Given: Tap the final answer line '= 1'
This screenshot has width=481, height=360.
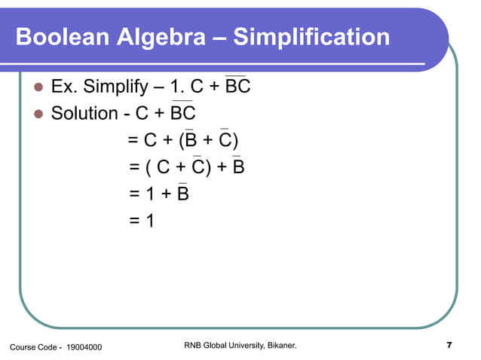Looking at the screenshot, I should (x=142, y=221).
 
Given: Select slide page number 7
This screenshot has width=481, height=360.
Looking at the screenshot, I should (x=449, y=346).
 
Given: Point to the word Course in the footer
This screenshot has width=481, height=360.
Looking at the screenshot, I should (x=23, y=346).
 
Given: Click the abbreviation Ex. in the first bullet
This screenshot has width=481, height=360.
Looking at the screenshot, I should (x=63, y=88).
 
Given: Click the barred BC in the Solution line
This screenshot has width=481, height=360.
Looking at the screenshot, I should (x=182, y=114).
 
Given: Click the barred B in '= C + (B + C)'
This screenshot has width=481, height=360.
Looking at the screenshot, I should (x=191, y=141).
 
